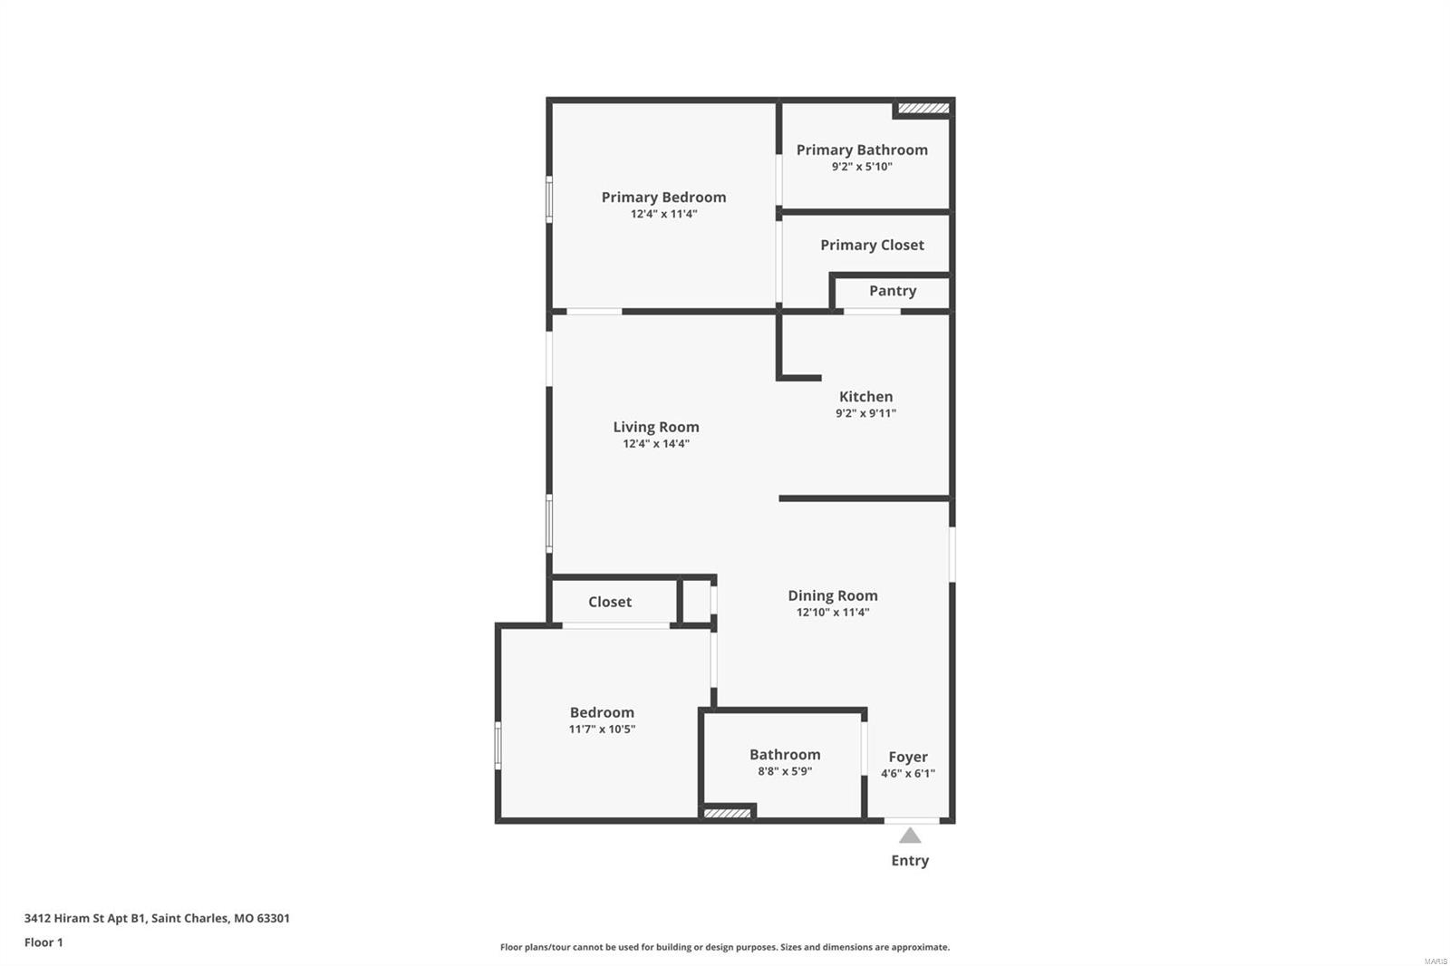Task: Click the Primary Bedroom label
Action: tap(663, 198)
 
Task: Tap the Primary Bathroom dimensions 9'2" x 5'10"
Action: tap(862, 167)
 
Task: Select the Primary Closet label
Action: tap(872, 246)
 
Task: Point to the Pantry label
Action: tap(893, 291)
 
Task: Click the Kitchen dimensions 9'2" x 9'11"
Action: tap(865, 413)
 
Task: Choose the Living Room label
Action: tap(656, 428)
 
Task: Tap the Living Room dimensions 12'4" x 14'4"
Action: tap(656, 443)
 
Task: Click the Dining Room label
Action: tap(833, 595)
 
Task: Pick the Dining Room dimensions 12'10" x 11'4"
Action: tap(833, 612)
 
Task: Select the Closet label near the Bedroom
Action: tap(610, 602)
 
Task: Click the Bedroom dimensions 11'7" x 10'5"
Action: tap(602, 729)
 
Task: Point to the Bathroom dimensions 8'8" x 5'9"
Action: tap(785, 771)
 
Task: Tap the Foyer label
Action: tap(907, 757)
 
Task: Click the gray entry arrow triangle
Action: tap(910, 836)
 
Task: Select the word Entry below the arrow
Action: tap(910, 861)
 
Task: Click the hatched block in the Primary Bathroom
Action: tap(923, 108)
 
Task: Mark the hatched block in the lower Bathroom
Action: tap(727, 813)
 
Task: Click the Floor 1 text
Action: tap(44, 942)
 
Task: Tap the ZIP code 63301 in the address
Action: tap(273, 918)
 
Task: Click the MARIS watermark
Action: tap(1435, 961)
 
